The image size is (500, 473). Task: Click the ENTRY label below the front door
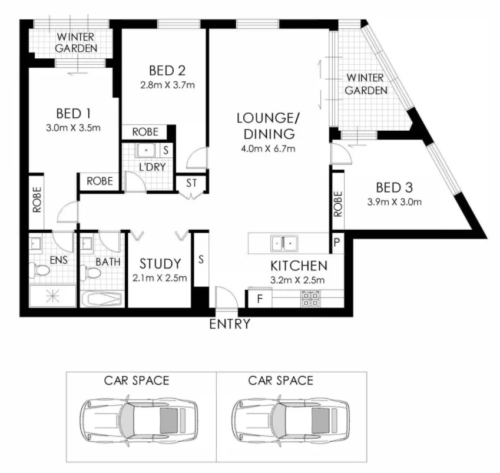coord(230,323)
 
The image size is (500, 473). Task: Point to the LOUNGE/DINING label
coord(264,125)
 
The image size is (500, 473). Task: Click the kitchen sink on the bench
coord(284,242)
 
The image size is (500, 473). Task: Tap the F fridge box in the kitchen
coord(259,298)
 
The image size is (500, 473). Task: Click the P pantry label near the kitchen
coord(337,242)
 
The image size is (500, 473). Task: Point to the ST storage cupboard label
coord(191,184)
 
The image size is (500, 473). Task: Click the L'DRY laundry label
coord(151,167)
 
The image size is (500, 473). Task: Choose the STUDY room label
coord(160,263)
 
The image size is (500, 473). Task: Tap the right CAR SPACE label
coord(280,380)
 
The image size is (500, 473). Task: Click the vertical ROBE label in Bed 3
coord(337,204)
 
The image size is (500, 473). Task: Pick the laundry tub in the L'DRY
coord(145,150)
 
